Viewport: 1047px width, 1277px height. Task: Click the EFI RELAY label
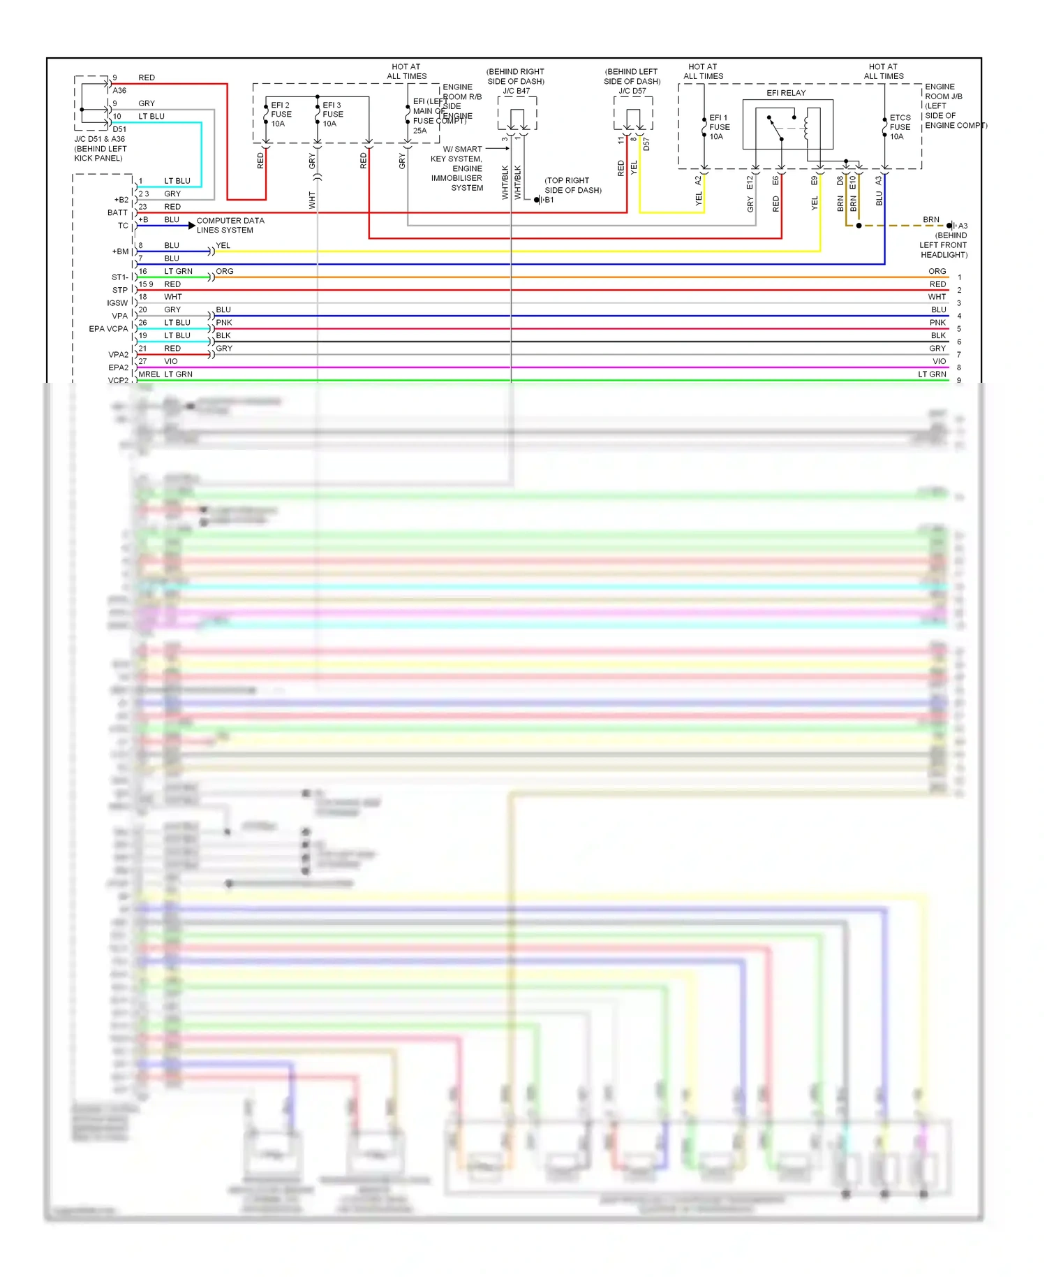coord(786,93)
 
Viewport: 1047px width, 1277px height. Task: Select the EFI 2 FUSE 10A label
coord(281,115)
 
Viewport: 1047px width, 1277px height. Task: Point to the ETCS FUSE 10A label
coord(900,127)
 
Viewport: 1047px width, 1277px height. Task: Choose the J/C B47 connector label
coord(517,91)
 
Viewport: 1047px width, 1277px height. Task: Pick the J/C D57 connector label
coord(632,91)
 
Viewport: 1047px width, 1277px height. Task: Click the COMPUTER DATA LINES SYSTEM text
coord(230,225)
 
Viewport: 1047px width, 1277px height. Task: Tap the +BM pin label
coord(120,251)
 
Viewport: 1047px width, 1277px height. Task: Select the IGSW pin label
coord(117,303)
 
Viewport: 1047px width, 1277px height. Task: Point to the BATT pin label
coord(117,213)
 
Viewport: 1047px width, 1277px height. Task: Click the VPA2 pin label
coord(118,355)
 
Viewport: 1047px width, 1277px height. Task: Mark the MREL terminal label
coord(149,374)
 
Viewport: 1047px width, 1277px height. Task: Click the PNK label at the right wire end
coord(937,323)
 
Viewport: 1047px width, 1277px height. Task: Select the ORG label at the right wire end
coord(937,271)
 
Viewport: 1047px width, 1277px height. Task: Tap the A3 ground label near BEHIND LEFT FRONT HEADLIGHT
coord(963,226)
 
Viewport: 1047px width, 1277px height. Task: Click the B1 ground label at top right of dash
coord(549,200)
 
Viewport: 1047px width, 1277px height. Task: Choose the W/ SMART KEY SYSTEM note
coord(456,168)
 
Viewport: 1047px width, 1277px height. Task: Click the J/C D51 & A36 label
coord(100,139)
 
